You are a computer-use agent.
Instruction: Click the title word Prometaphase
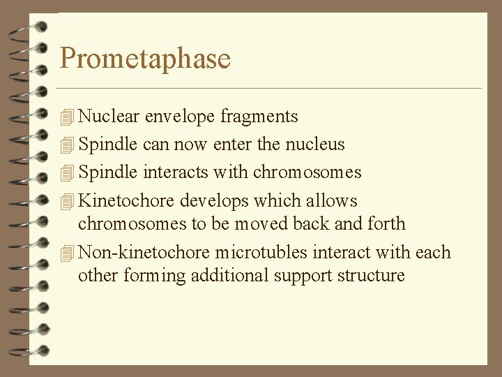point(145,58)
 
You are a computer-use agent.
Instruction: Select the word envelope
point(180,116)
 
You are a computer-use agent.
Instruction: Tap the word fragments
point(259,117)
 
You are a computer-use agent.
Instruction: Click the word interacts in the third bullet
point(175,172)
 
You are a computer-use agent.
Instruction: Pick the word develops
point(214,201)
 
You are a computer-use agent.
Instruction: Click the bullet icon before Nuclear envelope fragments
point(67,117)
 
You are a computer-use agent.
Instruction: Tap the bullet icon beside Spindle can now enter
point(67,145)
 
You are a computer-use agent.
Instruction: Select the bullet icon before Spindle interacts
point(67,173)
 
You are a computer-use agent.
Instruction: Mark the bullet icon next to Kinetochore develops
point(67,202)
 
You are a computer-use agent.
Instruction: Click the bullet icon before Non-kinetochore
point(67,253)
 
